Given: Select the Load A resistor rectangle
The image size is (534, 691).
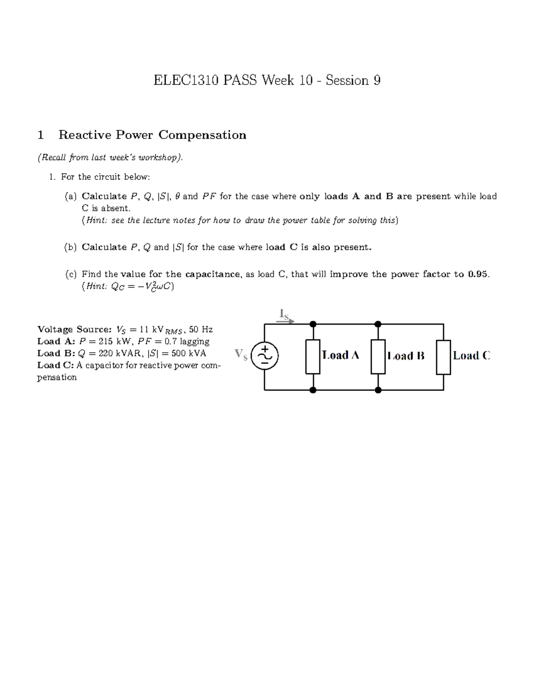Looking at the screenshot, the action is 313,357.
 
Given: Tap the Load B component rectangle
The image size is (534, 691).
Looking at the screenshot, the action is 378,357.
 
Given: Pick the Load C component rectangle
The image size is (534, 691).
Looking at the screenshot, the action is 443,357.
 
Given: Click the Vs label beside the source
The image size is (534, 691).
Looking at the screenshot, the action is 241,355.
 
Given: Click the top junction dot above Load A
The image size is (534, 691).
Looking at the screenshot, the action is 313,324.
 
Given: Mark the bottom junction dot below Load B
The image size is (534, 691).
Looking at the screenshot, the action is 378,390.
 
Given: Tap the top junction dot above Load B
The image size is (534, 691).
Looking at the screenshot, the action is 378,324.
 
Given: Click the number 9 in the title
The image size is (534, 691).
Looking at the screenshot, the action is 377,81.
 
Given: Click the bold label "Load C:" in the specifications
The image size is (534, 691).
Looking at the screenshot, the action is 56,365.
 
